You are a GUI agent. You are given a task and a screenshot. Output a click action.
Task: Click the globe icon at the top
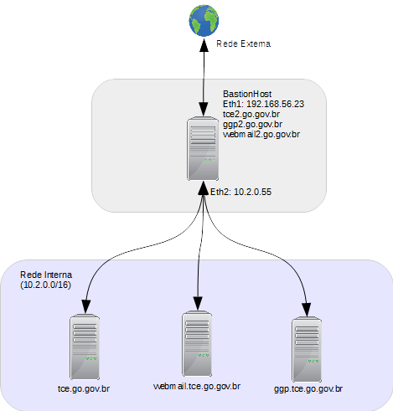click(203, 18)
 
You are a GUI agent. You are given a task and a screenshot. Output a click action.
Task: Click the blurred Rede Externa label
click(244, 44)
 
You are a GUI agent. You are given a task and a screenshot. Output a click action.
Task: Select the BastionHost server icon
click(202, 149)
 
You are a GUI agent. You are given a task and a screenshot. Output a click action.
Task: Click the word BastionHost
click(248, 94)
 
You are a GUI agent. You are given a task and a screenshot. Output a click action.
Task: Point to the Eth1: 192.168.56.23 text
click(263, 104)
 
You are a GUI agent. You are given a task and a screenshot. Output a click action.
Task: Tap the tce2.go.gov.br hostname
click(251, 114)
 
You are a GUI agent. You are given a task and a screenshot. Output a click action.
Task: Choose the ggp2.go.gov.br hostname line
click(253, 124)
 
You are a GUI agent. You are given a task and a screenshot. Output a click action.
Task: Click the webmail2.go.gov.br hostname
click(261, 134)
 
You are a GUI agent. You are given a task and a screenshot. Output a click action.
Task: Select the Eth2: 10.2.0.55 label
click(246, 192)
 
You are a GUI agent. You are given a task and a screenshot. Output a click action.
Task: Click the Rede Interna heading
click(46, 275)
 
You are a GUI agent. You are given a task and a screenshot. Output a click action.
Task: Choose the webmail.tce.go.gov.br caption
click(197, 386)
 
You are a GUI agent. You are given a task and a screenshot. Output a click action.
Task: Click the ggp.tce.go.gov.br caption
click(308, 389)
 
